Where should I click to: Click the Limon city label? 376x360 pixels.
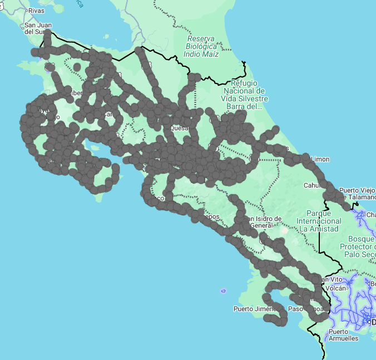[320, 159]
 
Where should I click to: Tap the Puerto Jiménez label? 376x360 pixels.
[254, 308]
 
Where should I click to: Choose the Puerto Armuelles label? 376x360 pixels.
[343, 335]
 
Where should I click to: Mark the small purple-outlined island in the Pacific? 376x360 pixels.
[223, 290]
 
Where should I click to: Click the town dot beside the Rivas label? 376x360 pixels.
[24, 11]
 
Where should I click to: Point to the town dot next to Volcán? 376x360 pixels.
[350, 288]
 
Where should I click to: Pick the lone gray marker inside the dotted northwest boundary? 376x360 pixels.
[77, 67]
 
